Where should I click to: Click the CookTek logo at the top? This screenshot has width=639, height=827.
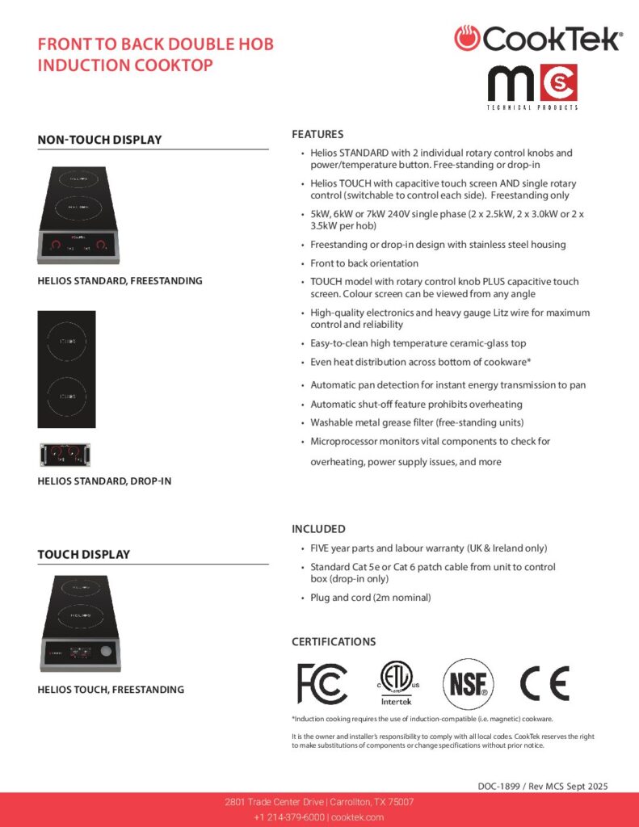tap(538, 38)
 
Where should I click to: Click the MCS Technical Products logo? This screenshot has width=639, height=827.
tap(532, 87)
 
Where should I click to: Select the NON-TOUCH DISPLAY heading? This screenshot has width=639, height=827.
tap(99, 140)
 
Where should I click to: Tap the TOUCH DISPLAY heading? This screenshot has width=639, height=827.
tap(83, 555)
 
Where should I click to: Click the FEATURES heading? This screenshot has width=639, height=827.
tap(317, 134)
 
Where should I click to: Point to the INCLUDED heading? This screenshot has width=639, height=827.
tap(318, 529)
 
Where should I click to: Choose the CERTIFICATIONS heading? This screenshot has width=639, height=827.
tap(334, 642)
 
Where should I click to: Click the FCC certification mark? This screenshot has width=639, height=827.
tap(322, 683)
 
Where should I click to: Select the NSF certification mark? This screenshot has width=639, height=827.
tap(468, 684)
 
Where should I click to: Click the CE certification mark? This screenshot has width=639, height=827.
tap(544, 683)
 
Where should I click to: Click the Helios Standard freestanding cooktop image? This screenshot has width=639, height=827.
tap(78, 215)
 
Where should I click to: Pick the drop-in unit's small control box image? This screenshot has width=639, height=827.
tap(67, 455)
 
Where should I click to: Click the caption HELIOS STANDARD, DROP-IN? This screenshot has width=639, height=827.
tap(104, 481)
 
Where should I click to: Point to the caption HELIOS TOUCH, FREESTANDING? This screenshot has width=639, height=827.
tap(111, 690)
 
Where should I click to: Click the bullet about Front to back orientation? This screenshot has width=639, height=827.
tap(364, 263)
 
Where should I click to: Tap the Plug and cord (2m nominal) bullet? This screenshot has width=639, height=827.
tap(371, 598)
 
